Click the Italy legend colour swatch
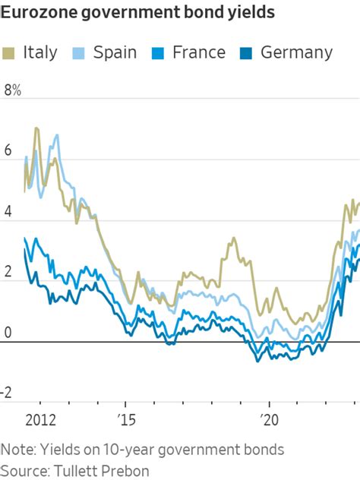[10, 52]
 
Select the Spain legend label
[115, 52]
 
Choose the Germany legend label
[296, 52]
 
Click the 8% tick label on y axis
[13, 90]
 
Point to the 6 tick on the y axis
[8, 151]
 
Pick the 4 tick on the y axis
[8, 213]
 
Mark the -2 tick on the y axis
[8, 392]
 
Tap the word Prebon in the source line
[127, 470]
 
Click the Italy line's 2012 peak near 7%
[36, 129]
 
